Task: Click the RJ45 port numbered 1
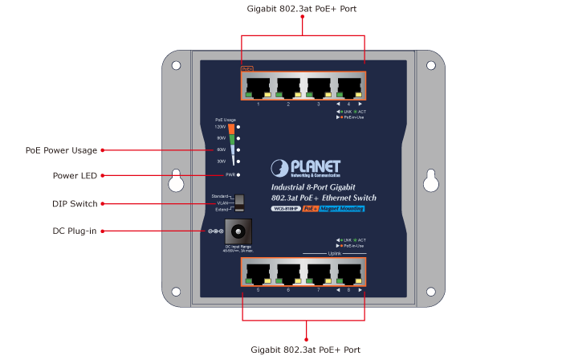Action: [258, 87]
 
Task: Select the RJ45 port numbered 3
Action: [319, 87]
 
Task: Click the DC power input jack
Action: [234, 231]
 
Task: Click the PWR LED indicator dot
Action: [240, 174]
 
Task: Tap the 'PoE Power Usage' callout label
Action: [61, 150]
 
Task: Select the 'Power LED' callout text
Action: [75, 175]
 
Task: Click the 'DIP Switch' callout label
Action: [75, 204]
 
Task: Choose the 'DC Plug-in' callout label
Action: [75, 231]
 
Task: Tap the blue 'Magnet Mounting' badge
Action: [342, 209]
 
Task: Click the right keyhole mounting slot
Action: [430, 182]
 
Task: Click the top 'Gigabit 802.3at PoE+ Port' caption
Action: [303, 9]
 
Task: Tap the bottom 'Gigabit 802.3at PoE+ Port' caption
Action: [306, 350]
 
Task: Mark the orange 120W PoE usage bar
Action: [231, 127]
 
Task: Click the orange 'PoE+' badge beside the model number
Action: [310, 209]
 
